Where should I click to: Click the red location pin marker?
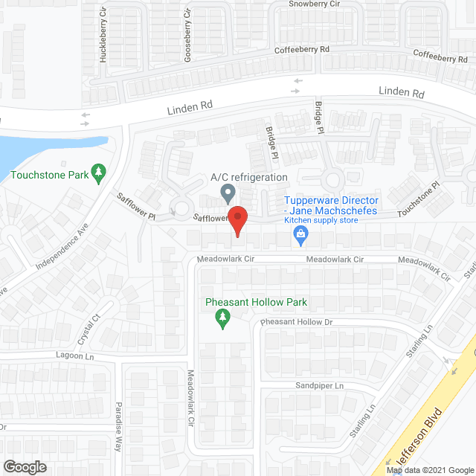click(237, 220)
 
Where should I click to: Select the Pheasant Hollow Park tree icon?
click(222, 319)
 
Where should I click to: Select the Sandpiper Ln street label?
click(320, 386)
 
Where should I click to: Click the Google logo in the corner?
click(24, 466)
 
